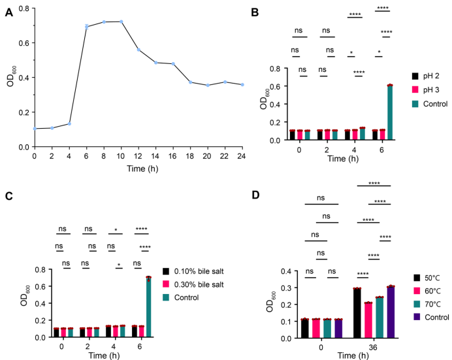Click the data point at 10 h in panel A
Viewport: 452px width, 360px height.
click(x=121, y=22)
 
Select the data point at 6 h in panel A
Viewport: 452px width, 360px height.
click(x=86, y=27)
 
